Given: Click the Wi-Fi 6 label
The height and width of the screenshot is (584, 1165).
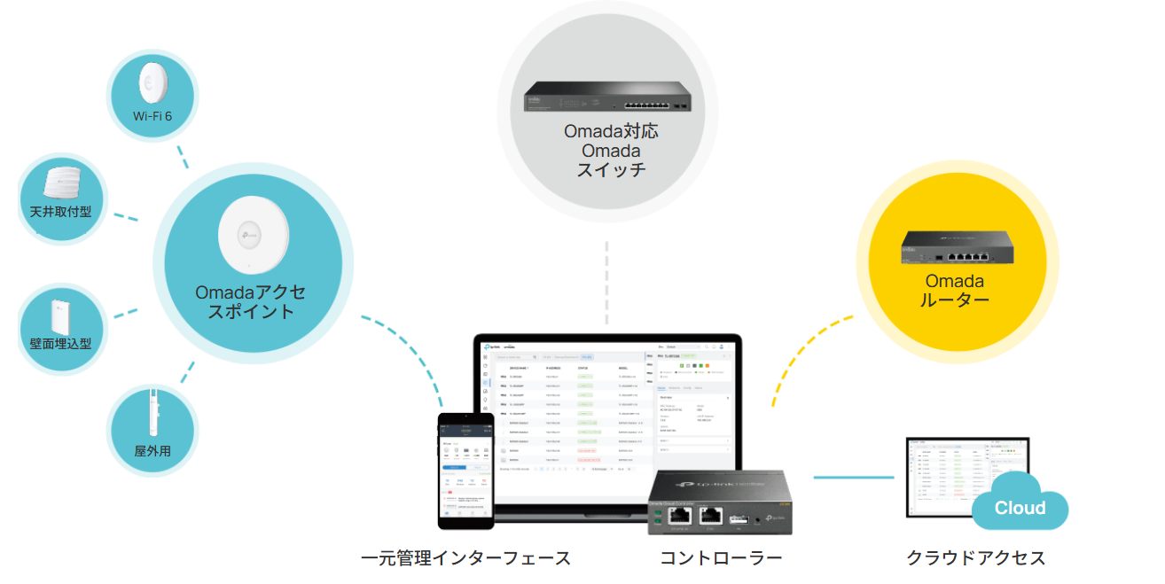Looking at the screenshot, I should [152, 116].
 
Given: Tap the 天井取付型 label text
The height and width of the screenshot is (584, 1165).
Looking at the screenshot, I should [61, 212].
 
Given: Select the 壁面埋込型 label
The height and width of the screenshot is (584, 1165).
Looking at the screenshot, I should [61, 343].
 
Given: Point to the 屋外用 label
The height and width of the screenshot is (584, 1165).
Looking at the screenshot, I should [152, 450].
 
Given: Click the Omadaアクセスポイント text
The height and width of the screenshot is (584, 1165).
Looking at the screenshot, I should [251, 302].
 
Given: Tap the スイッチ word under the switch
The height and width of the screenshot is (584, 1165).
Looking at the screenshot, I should [611, 170].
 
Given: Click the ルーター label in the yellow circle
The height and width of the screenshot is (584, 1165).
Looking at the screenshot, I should [955, 300].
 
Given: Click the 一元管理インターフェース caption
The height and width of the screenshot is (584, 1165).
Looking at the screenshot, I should [466, 558].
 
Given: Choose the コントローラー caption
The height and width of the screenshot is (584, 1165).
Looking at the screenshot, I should [721, 558].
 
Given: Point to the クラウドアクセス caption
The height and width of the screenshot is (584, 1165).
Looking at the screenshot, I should [975, 558].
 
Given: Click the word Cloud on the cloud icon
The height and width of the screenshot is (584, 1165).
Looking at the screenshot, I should [1020, 508].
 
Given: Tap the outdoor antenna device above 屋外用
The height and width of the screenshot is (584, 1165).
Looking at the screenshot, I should [152, 411].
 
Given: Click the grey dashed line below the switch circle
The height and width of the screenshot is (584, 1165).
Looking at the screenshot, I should [607, 284].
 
